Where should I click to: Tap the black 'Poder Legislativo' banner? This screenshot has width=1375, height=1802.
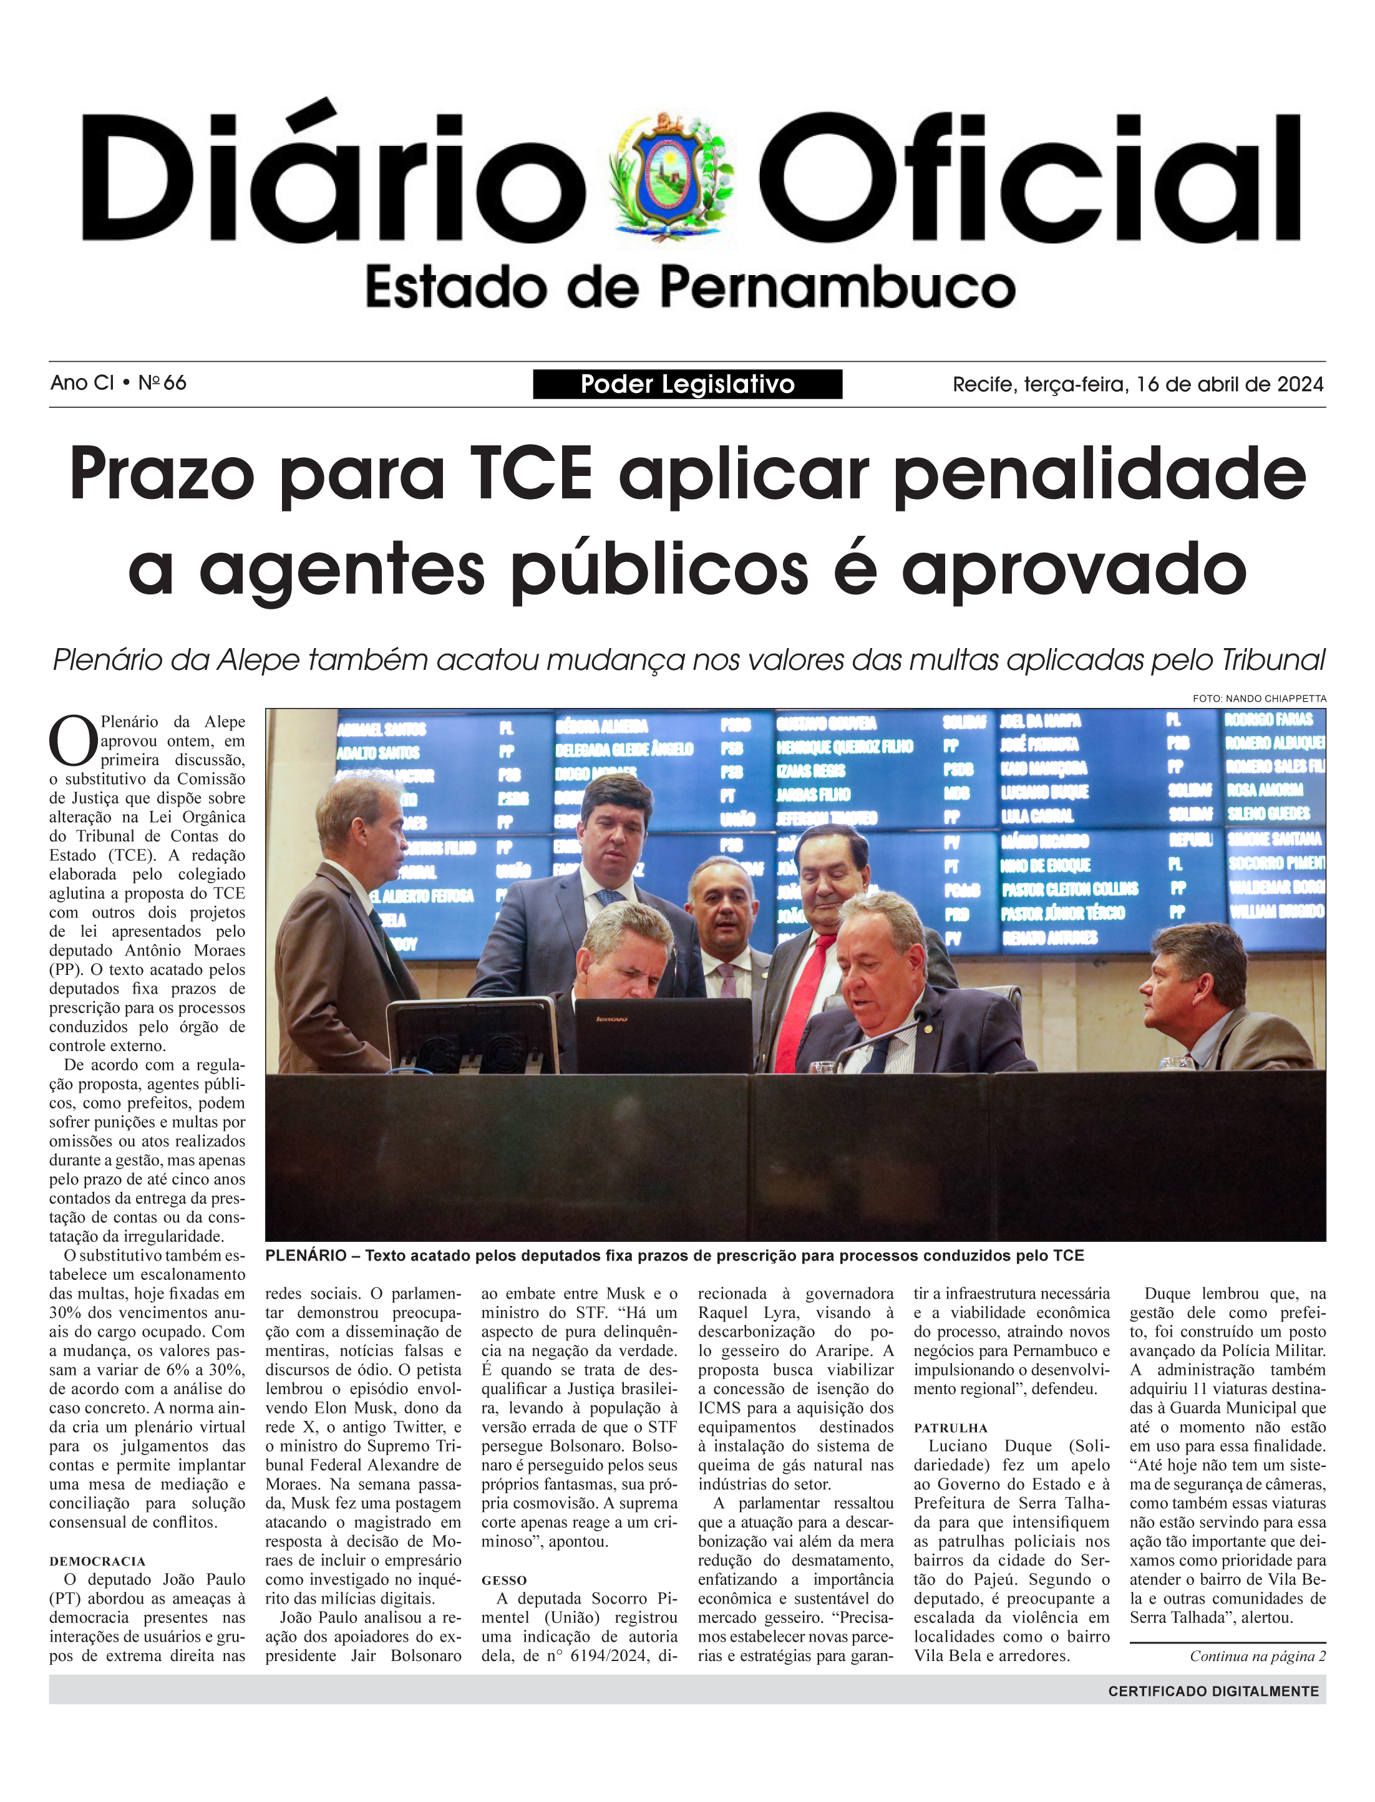tap(687, 384)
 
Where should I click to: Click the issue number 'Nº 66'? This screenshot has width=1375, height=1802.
tap(162, 383)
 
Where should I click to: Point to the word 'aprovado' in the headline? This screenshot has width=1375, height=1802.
tap(1073, 569)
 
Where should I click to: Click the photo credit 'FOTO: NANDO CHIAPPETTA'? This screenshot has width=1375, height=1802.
tap(1259, 698)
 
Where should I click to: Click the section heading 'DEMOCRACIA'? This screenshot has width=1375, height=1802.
tap(97, 1561)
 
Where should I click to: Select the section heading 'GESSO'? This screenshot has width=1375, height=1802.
tap(503, 1580)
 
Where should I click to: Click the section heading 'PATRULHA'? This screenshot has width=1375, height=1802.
tap(950, 1428)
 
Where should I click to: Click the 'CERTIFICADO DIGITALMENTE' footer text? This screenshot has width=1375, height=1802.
tap(1213, 1691)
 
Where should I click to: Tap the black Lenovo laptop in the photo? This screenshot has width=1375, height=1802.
tap(663, 1035)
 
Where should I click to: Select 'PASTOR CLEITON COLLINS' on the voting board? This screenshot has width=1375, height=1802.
tap(1069, 889)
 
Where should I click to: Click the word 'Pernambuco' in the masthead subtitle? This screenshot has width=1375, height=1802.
tap(837, 288)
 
